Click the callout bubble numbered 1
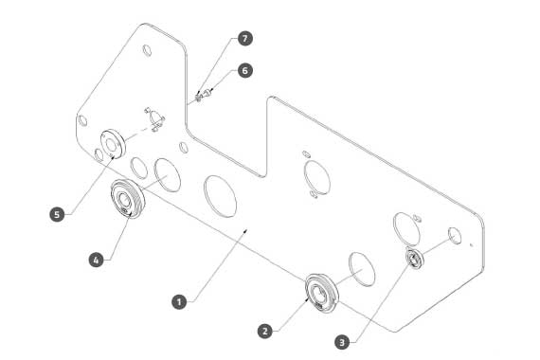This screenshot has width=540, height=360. (179, 302)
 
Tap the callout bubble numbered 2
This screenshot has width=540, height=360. (265, 332)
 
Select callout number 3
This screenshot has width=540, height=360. (342, 342)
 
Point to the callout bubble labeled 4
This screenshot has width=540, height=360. (96, 260)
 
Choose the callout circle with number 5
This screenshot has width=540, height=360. (57, 214)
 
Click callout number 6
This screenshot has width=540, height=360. (244, 71)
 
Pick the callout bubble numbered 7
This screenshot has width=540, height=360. (244, 38)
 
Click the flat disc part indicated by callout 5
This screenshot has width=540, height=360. (113, 144)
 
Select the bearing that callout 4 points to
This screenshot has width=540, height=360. (128, 199)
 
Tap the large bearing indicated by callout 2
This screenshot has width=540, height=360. (322, 293)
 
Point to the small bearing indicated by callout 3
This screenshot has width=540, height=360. (415, 259)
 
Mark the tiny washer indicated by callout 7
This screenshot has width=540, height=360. (198, 98)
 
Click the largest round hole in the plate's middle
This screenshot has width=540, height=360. (220, 196)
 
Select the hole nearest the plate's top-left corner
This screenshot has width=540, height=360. (147, 50)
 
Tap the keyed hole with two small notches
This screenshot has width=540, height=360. (316, 175)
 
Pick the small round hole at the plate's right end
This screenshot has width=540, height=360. (455, 235)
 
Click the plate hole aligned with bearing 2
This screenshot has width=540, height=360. (362, 269)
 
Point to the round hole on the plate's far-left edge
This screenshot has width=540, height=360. (82, 120)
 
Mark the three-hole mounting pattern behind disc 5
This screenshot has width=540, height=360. (154, 119)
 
